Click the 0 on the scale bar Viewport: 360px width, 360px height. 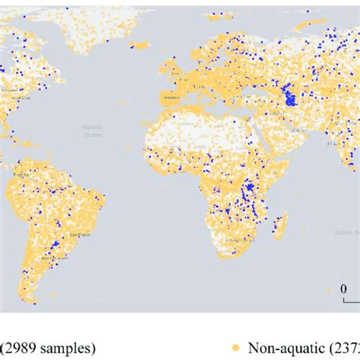343,288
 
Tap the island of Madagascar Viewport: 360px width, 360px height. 279,226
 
